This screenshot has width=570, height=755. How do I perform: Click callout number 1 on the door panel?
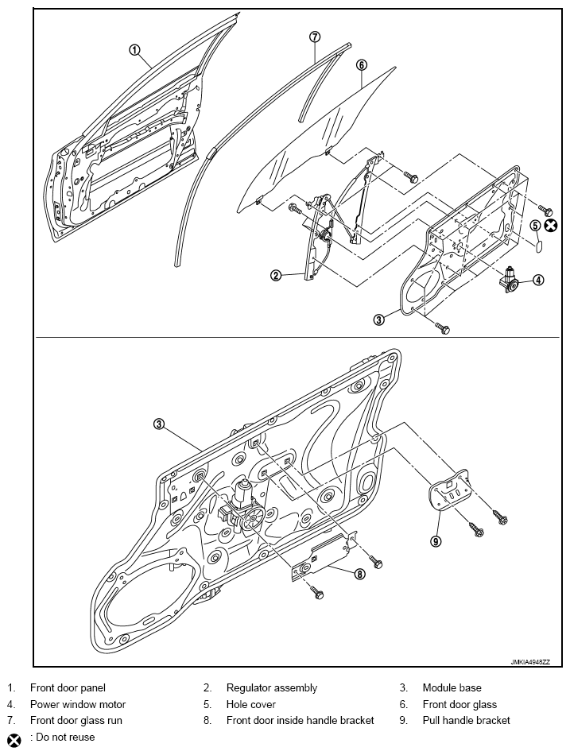135,48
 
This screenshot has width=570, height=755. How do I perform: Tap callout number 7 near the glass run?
315,37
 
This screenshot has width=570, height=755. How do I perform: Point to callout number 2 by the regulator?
275,276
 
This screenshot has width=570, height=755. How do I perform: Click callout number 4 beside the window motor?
538,279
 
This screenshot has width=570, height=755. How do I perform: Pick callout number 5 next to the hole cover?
535,226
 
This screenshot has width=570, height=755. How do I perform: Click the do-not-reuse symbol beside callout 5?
550,226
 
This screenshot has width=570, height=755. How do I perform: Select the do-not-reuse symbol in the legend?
13,738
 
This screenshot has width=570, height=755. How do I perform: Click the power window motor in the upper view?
509,280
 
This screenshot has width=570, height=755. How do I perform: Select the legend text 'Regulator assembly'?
271,687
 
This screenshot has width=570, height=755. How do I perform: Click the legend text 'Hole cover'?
250,704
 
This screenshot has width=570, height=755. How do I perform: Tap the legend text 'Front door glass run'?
76,721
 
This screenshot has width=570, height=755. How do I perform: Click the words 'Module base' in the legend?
452,687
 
